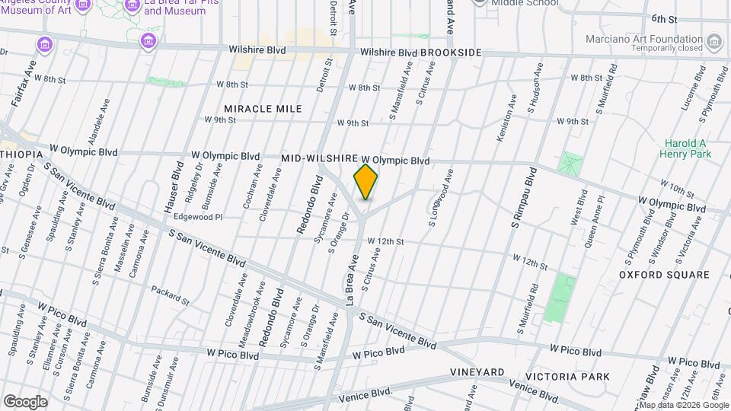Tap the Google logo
[x=25, y=401]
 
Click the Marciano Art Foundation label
[x=643, y=40]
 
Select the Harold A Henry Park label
[x=686, y=148]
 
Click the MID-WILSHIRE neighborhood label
[x=319, y=158]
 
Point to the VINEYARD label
[x=477, y=371]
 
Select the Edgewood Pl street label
[x=198, y=217]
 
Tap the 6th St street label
[x=664, y=18]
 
